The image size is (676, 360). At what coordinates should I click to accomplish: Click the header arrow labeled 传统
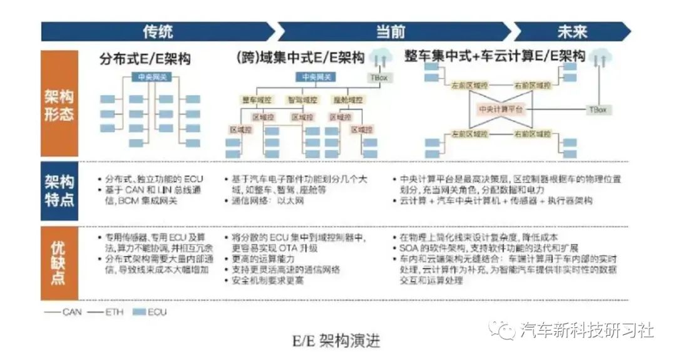click(x=157, y=31)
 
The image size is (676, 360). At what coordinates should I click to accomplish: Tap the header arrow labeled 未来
click(x=571, y=31)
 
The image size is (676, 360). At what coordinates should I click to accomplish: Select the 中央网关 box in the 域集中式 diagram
click(x=317, y=77)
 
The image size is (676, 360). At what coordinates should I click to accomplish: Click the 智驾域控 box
click(x=302, y=99)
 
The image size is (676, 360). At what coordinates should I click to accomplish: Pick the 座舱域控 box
click(x=349, y=99)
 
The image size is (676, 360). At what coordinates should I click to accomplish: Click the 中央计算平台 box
click(x=500, y=108)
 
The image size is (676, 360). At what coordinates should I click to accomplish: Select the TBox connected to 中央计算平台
click(x=597, y=109)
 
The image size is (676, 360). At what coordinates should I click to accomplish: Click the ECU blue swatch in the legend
click(x=138, y=311)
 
